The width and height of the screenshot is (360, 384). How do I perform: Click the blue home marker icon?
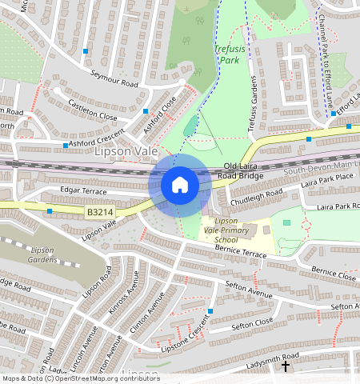pyautogui.click(x=180, y=185)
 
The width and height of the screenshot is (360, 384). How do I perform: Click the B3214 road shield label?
pyautogui.click(x=98, y=213)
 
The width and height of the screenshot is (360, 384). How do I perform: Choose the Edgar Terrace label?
pyautogui.click(x=83, y=192)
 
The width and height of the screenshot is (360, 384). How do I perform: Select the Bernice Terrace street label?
pyautogui.click(x=240, y=253)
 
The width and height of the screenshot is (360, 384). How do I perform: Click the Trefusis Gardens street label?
pyautogui.click(x=255, y=103)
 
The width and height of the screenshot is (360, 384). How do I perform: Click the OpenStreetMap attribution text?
pyautogui.click(x=80, y=378)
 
